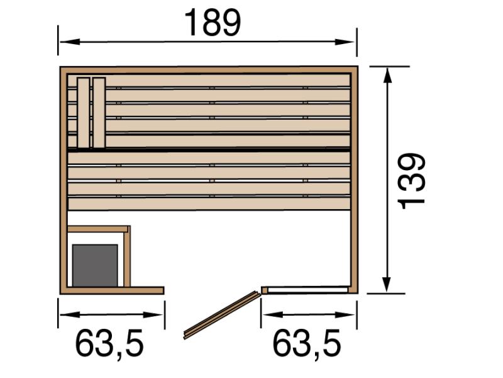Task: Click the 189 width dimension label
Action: point(213,23)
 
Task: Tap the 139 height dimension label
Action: point(412,180)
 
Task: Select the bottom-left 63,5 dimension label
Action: point(109,344)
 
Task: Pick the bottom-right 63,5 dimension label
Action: point(306,344)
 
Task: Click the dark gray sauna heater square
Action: point(95,265)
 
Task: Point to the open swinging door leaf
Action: point(221,315)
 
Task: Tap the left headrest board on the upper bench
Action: point(83,113)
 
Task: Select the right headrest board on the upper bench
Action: point(99,113)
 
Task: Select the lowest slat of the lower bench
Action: point(209,203)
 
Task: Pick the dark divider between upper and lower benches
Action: point(209,150)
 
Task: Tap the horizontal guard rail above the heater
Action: point(97,229)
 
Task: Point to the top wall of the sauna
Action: point(209,69)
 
